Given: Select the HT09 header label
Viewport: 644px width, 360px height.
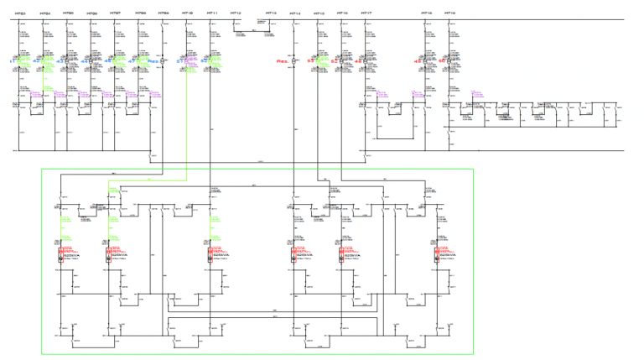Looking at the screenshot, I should (x=164, y=13).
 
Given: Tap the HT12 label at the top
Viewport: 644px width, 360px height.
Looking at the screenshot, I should (x=236, y=13).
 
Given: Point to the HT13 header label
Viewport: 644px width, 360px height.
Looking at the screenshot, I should (x=270, y=13).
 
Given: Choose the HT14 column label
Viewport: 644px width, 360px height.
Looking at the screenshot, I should (x=294, y=13).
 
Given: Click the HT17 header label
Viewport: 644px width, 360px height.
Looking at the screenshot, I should (x=366, y=13).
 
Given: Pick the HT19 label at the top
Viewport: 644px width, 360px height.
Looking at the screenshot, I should (x=450, y=13).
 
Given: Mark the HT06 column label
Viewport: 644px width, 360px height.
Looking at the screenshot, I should (x=92, y=13).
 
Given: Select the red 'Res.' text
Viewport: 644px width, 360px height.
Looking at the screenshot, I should (x=283, y=61).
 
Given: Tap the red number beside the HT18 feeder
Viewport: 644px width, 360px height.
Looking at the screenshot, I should (x=418, y=61).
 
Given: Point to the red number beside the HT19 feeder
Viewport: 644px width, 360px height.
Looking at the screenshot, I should (x=442, y=61).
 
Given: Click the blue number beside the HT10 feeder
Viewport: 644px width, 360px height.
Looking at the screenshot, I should (x=179, y=61).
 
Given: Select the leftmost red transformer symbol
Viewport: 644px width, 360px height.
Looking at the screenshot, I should (x=60, y=254).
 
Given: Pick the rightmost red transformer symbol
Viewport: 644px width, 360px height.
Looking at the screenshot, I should (x=437, y=254).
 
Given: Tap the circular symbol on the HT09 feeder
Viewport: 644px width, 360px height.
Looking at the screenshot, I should (x=164, y=60).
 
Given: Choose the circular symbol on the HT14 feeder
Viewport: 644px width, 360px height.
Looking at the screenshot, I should (x=295, y=60).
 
